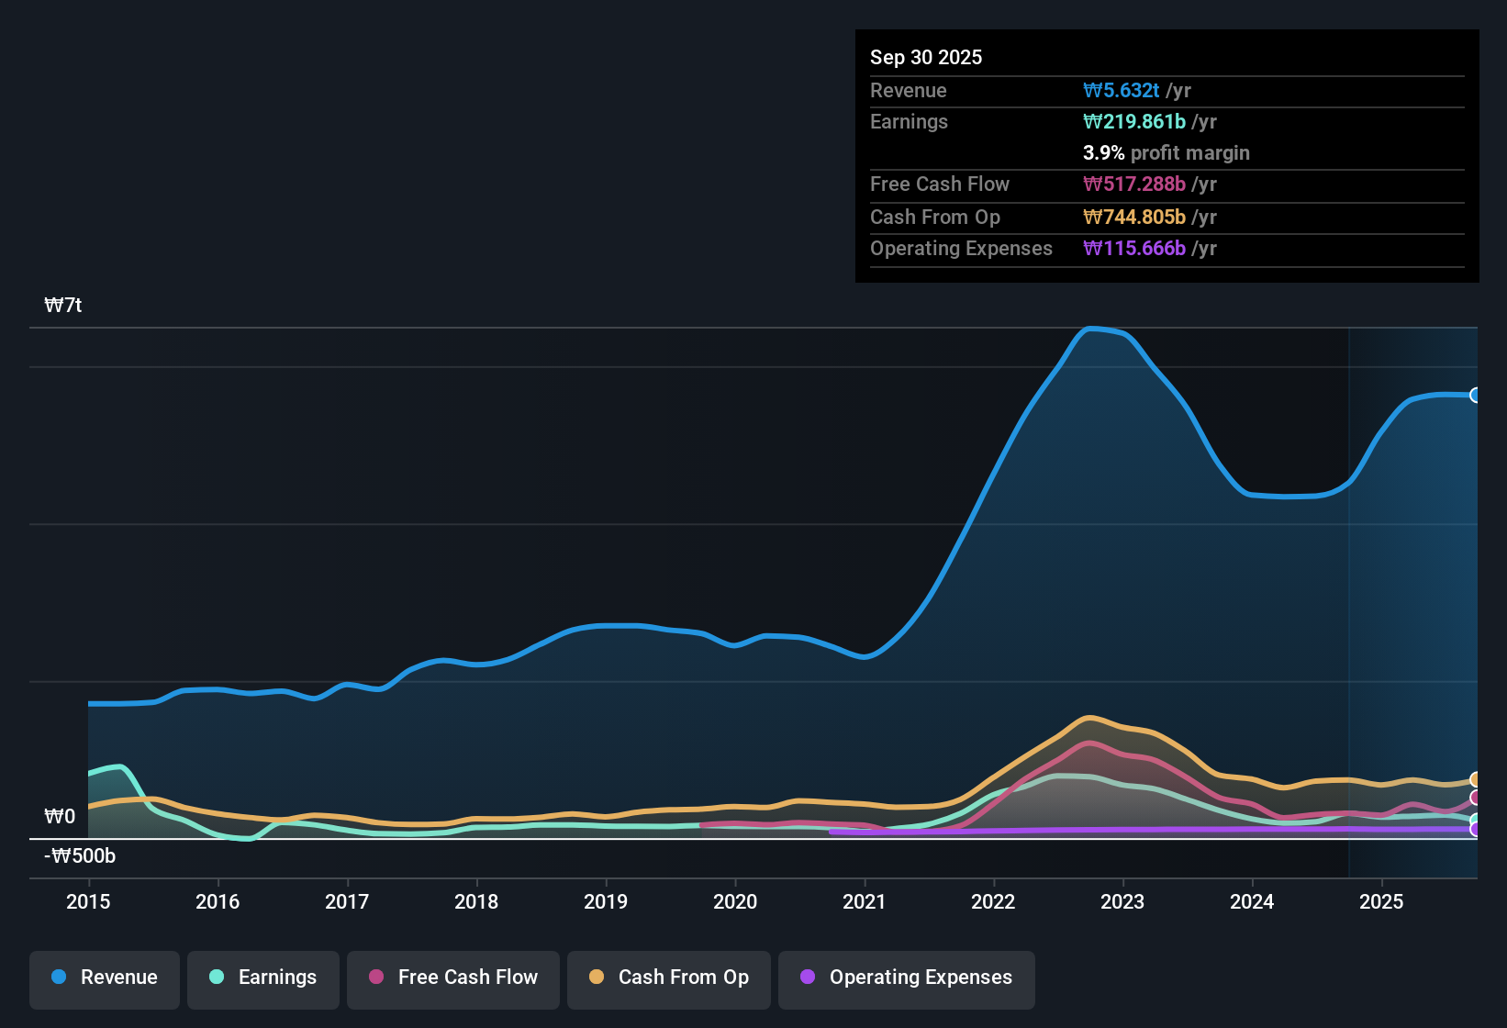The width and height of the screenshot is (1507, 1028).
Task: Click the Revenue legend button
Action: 105,978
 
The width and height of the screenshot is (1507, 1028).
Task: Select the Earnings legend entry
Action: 263,978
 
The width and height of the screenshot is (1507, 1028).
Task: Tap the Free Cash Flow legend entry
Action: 453,978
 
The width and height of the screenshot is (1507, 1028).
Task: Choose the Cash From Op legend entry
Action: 669,978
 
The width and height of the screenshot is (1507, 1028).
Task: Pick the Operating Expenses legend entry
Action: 907,978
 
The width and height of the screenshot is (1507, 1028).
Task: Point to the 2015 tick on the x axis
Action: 88,901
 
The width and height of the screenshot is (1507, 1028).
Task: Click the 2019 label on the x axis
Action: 606,901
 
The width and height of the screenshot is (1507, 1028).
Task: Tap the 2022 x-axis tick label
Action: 993,901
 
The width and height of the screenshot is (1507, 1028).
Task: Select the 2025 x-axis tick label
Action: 1381,901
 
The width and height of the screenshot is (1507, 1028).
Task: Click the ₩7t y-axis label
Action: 63,305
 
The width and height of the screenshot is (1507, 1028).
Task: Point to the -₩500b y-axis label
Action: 81,855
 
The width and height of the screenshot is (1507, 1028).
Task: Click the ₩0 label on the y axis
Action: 60,816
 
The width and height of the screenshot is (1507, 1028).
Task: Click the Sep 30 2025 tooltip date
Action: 926,57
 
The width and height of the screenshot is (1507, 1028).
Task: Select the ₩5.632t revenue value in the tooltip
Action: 1121,90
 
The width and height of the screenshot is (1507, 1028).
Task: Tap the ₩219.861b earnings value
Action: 1134,121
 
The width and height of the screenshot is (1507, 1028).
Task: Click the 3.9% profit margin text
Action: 1166,152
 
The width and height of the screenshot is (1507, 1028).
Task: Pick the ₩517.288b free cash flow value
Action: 1134,184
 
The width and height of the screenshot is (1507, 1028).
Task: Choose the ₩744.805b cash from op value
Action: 1134,217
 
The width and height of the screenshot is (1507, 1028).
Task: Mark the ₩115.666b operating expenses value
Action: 1134,248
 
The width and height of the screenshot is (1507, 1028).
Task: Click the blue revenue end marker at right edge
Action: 1475,395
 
